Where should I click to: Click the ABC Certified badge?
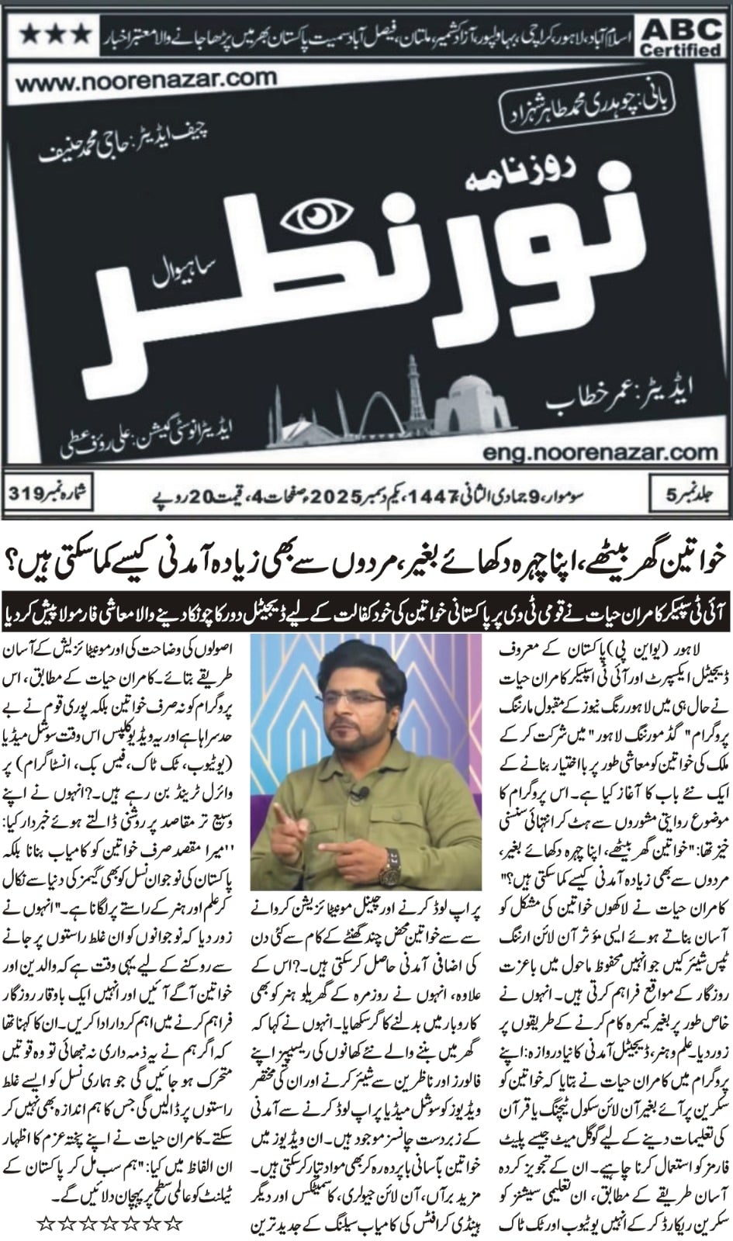[x=680, y=36]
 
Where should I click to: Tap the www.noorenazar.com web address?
[x=145, y=78]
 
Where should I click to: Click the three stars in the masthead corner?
[x=54, y=33]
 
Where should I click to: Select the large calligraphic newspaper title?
[x=372, y=287]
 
